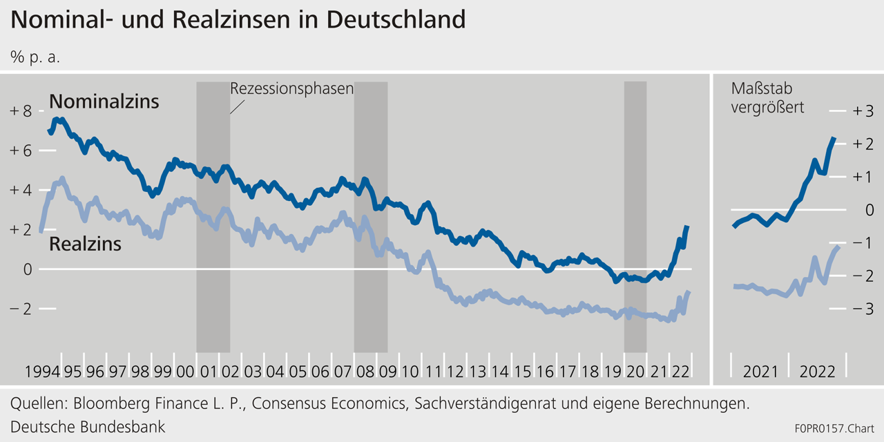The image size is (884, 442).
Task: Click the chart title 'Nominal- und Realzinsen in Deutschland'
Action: click(x=238, y=19)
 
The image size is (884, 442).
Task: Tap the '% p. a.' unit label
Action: click(x=35, y=57)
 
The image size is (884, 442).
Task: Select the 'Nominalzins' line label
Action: click(x=104, y=102)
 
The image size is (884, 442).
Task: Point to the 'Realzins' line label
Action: click(x=86, y=244)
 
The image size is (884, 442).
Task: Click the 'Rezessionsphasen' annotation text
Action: click(x=291, y=89)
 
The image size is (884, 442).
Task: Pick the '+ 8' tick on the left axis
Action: click(x=21, y=111)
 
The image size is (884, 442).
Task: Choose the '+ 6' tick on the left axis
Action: click(x=21, y=151)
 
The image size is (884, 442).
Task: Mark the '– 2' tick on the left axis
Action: click(x=21, y=309)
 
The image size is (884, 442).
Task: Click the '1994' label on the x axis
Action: click(x=41, y=372)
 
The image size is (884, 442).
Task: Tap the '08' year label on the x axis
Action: click(x=365, y=372)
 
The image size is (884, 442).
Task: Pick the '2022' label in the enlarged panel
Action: click(x=817, y=372)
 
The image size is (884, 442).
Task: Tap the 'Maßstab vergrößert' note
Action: click(x=767, y=98)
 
